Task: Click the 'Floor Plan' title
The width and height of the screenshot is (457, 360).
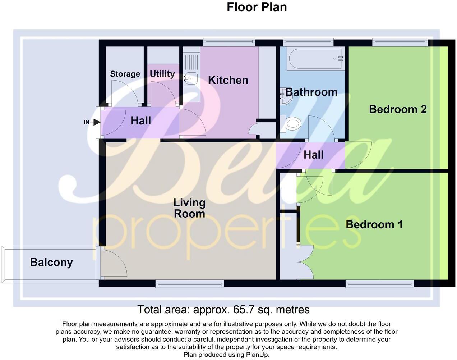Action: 257,7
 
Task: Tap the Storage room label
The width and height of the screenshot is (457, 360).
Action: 125,74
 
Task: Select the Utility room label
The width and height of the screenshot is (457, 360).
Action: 162,74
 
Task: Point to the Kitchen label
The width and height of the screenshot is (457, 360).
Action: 228,80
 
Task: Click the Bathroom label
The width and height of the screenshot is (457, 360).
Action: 311,92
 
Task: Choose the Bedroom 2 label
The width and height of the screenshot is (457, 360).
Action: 398,109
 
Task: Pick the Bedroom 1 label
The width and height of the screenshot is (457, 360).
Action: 374,224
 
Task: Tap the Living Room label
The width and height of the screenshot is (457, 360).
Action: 189,208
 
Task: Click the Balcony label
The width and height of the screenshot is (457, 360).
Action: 51,262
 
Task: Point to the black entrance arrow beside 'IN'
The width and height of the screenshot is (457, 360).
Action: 96,122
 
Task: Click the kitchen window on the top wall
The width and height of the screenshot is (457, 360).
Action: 229,42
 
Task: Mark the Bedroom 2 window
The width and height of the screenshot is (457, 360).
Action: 400,42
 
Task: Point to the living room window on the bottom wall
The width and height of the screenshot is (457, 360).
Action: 190,284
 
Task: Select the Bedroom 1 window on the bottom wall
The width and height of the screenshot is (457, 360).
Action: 380,284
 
